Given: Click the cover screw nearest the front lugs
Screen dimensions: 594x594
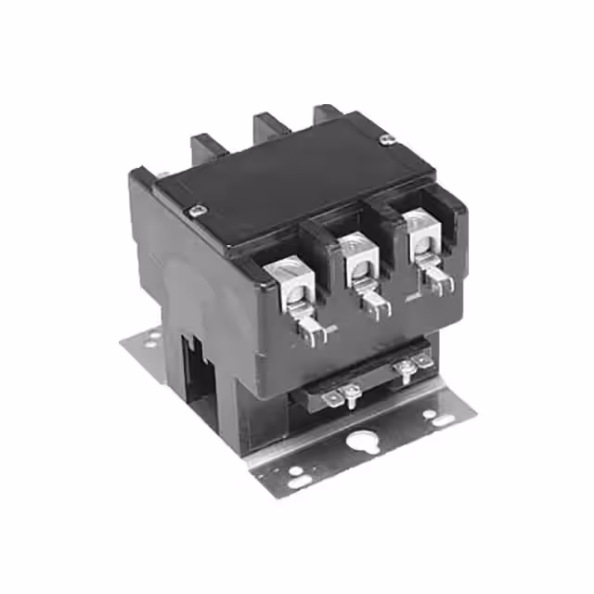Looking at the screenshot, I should [196, 211].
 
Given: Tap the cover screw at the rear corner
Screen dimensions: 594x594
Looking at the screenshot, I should [388, 139].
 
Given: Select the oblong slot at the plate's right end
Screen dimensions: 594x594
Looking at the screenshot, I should [445, 420].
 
